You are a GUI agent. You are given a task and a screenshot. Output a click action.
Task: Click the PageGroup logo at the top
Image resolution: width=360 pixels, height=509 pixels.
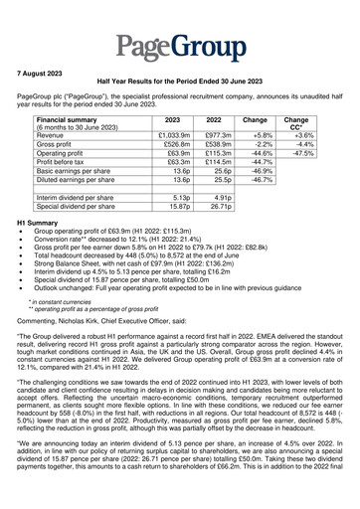[180, 39]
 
